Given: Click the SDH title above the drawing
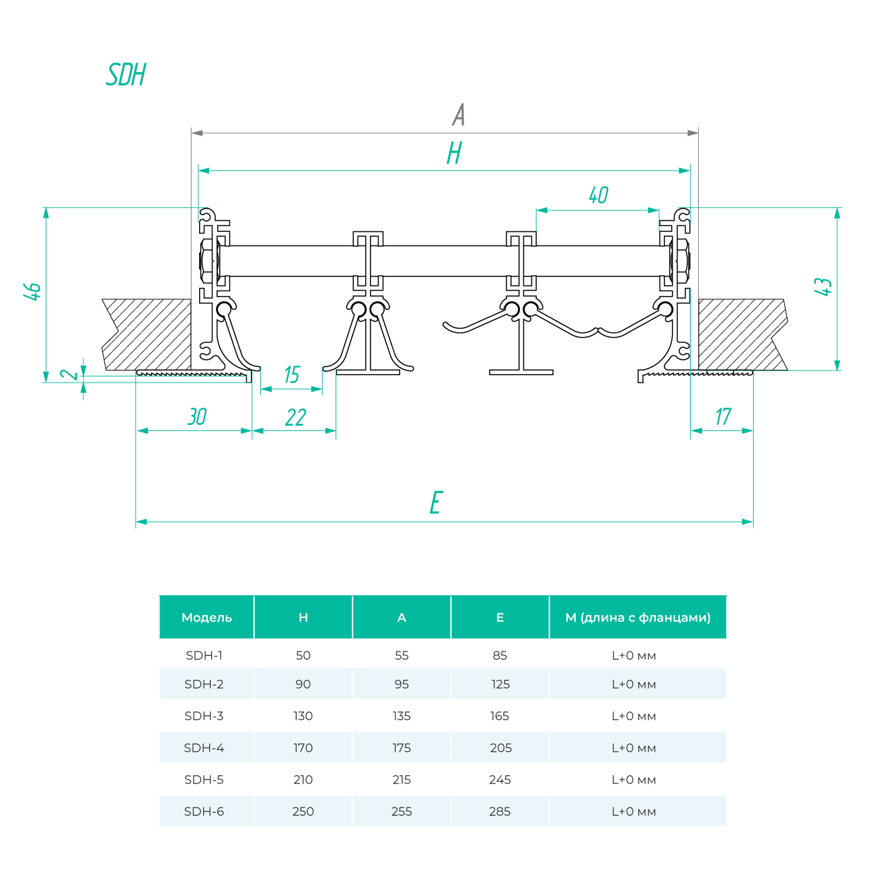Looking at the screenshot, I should [126, 75].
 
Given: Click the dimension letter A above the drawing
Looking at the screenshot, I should [459, 115].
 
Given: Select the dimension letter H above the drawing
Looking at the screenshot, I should [455, 153].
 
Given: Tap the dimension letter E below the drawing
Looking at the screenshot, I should [436, 503].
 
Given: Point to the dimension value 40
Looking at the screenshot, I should [598, 196].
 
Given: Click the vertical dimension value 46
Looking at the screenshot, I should [32, 291].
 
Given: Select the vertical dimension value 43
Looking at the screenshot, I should [823, 286].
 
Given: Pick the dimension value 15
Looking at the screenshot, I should [291, 375].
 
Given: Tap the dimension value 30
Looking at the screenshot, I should [196, 417].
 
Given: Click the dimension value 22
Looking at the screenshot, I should [295, 418].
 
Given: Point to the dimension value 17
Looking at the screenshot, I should [722, 417].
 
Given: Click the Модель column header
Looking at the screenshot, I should [206, 617].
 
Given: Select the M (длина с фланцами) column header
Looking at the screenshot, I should [638, 617].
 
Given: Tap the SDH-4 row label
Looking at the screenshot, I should [204, 748].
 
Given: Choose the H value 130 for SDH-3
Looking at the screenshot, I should [303, 716].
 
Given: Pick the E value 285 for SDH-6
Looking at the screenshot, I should [500, 812].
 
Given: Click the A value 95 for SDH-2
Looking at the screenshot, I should [402, 685].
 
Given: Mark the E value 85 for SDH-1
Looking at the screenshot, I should [500, 656].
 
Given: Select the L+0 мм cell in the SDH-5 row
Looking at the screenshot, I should [634, 780].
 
